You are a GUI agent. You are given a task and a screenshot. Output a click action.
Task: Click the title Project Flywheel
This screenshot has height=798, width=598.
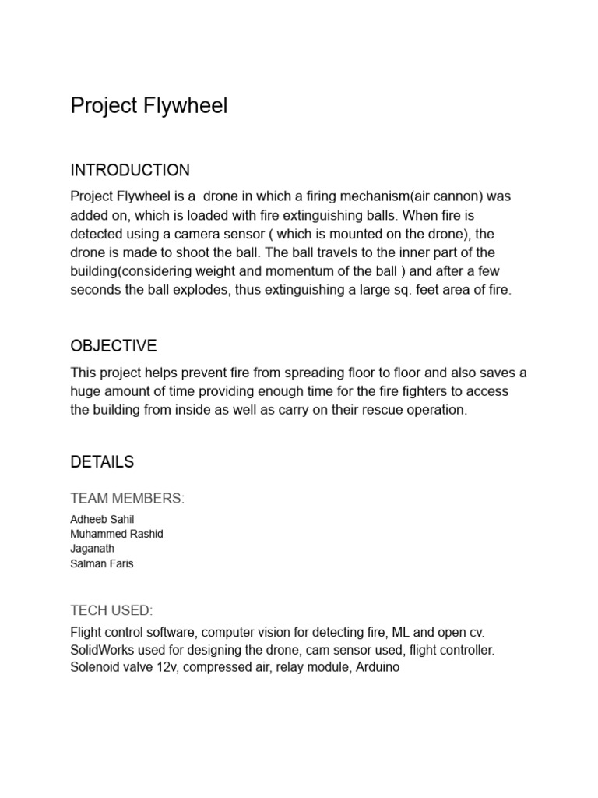coord(149,106)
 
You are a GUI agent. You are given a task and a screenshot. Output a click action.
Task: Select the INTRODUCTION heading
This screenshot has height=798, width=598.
coord(130,170)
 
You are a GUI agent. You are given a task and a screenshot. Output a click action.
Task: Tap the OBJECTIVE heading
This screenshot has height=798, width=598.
coord(114,345)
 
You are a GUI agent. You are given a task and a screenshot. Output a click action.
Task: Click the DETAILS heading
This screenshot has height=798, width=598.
coord(102,461)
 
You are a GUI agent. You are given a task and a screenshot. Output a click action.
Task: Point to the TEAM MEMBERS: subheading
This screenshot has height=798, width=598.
coord(128,499)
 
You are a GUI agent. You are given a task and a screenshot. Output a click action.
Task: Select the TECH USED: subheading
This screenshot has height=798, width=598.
coord(111,610)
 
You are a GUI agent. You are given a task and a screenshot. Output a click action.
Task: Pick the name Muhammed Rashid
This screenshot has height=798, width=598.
coord(117,535)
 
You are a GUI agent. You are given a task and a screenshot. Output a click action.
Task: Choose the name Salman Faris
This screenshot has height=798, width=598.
coord(102,563)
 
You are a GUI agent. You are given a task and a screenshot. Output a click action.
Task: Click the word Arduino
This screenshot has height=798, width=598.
coord(377,668)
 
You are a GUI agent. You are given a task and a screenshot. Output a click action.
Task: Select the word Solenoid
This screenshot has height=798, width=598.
coord(95,668)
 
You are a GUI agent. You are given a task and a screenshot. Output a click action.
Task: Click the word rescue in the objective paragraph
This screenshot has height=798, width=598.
coord(368,410)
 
